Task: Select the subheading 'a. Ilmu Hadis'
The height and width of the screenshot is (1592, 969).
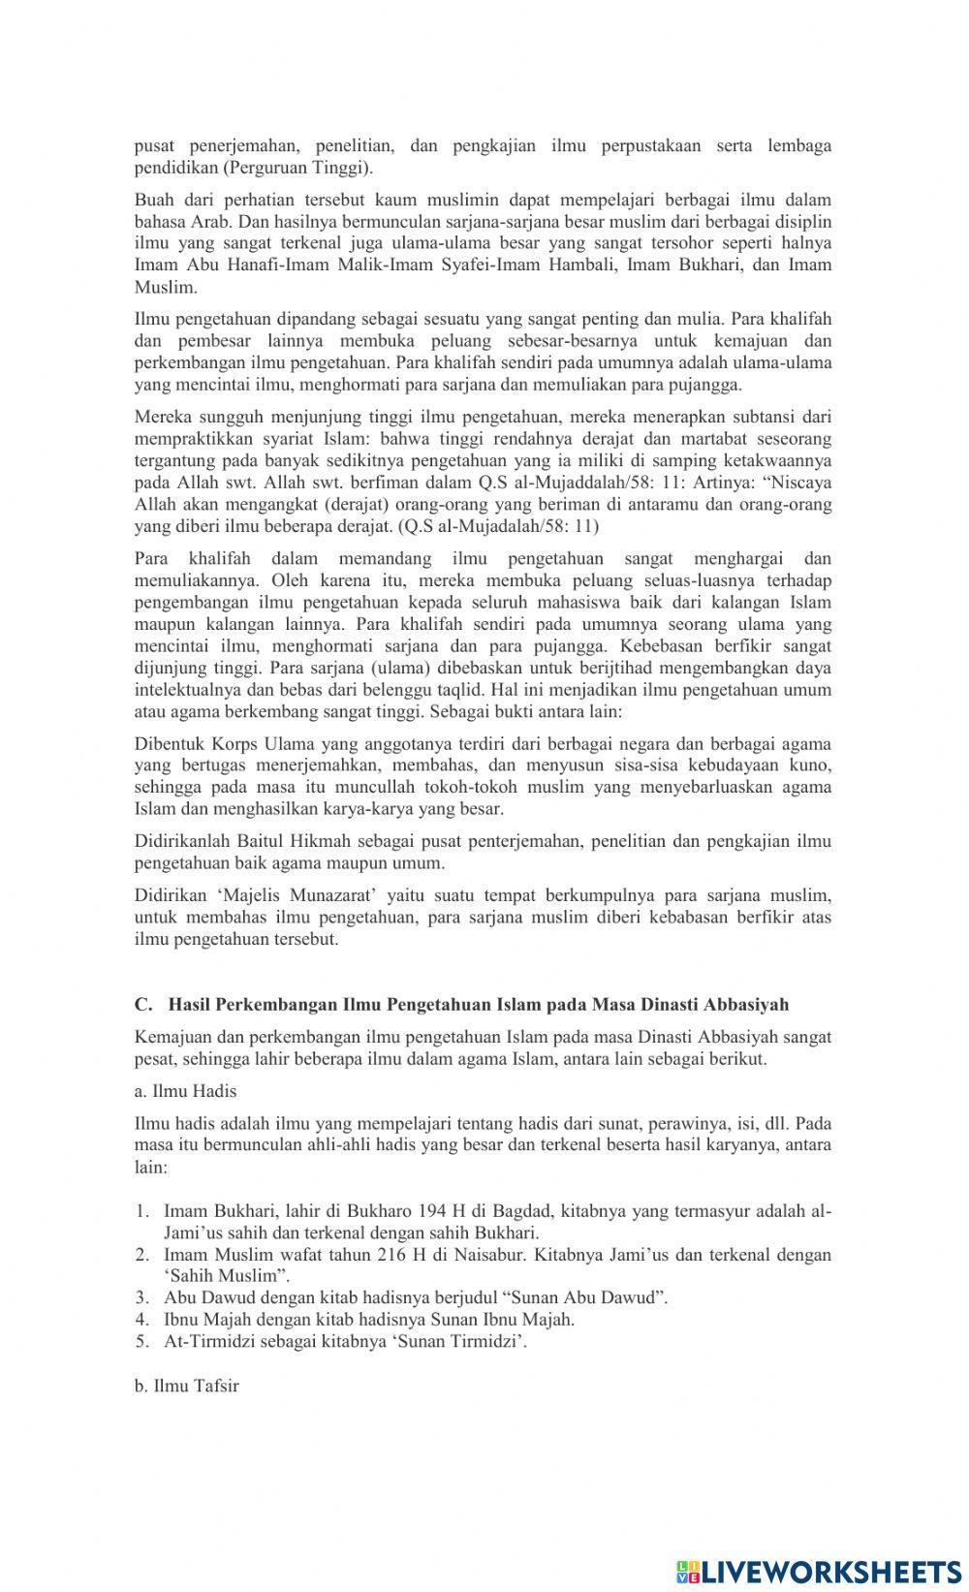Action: tap(185, 1091)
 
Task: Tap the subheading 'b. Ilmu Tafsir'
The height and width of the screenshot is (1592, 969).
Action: tap(186, 1386)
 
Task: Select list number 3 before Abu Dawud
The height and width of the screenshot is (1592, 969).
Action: tap(141, 1297)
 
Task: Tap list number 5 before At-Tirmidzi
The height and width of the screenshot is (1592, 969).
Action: tap(141, 1341)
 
